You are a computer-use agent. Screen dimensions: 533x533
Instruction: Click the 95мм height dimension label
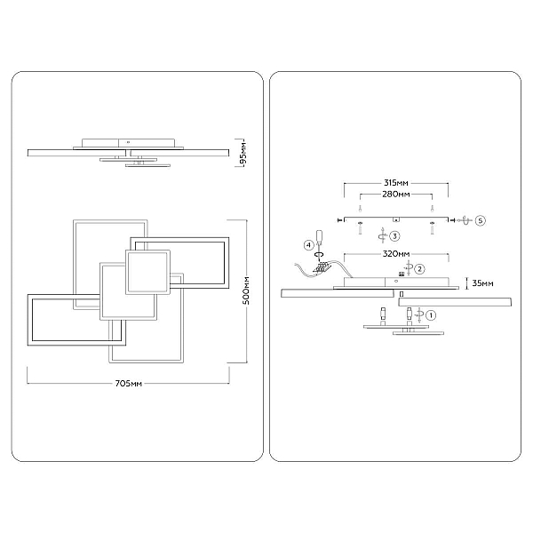click(243, 153)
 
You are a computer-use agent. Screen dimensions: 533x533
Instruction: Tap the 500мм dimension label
click(246, 291)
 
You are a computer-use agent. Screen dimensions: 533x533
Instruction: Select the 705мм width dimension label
click(129, 384)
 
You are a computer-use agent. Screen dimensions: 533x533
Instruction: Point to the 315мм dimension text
click(395, 183)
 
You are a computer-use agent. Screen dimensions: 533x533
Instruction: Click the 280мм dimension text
click(396, 194)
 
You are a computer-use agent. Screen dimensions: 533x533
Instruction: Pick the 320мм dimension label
click(396, 253)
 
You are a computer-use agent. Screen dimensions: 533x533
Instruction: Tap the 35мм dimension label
click(482, 282)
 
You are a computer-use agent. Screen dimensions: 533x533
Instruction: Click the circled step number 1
click(431, 315)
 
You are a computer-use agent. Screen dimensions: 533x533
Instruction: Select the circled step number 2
click(420, 269)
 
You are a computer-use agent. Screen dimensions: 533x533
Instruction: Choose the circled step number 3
click(394, 236)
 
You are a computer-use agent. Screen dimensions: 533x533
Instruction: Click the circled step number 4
click(308, 245)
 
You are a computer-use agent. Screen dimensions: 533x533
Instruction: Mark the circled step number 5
click(480, 220)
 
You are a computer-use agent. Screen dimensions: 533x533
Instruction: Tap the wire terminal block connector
click(323, 267)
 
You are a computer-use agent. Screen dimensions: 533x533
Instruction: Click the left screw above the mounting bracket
click(360, 208)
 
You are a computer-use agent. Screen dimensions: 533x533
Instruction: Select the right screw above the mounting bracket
click(432, 208)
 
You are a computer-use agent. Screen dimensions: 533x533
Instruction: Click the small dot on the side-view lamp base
click(395, 281)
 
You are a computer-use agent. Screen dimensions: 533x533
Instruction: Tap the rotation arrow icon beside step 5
click(465, 220)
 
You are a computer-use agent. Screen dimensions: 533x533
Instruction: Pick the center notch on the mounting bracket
click(396, 219)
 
